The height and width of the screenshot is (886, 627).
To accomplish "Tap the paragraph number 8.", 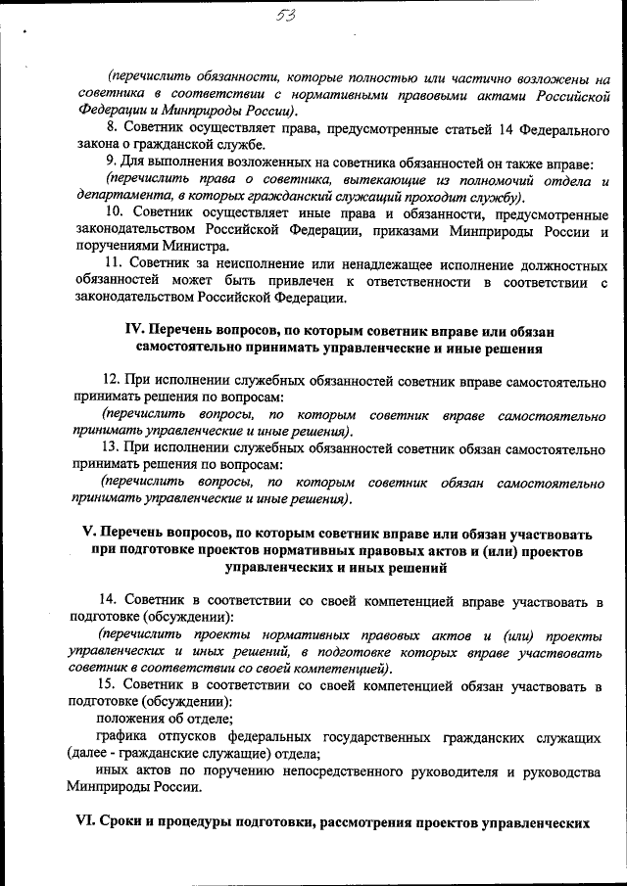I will pyautogui.click(x=111, y=126).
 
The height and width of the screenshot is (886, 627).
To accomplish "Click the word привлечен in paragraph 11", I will pyautogui.click(x=294, y=283).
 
